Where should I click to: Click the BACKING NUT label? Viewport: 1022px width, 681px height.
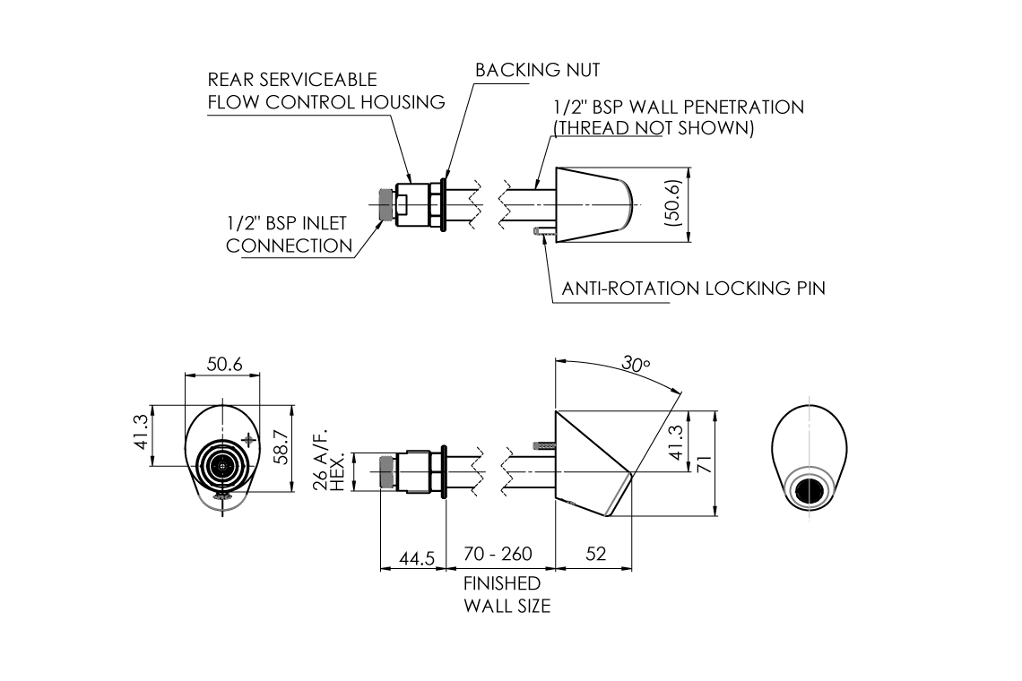tap(537, 70)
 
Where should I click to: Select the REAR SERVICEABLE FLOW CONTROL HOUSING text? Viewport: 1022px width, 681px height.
tap(326, 91)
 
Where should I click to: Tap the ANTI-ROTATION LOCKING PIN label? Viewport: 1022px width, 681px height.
tap(693, 289)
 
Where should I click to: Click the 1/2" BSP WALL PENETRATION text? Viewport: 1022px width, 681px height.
tap(678, 108)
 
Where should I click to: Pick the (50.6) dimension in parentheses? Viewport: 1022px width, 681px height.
tap(673, 204)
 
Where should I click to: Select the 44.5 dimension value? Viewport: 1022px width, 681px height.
tap(416, 557)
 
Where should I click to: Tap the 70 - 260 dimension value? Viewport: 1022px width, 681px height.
tap(498, 554)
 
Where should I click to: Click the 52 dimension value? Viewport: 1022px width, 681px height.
tap(594, 554)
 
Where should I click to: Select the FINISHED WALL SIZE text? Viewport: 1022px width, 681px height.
tap(507, 595)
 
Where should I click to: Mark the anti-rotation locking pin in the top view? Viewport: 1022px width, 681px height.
tap(541, 233)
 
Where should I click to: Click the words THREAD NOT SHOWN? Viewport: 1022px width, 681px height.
tap(654, 128)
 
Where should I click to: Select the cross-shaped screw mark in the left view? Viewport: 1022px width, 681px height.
tap(248, 439)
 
